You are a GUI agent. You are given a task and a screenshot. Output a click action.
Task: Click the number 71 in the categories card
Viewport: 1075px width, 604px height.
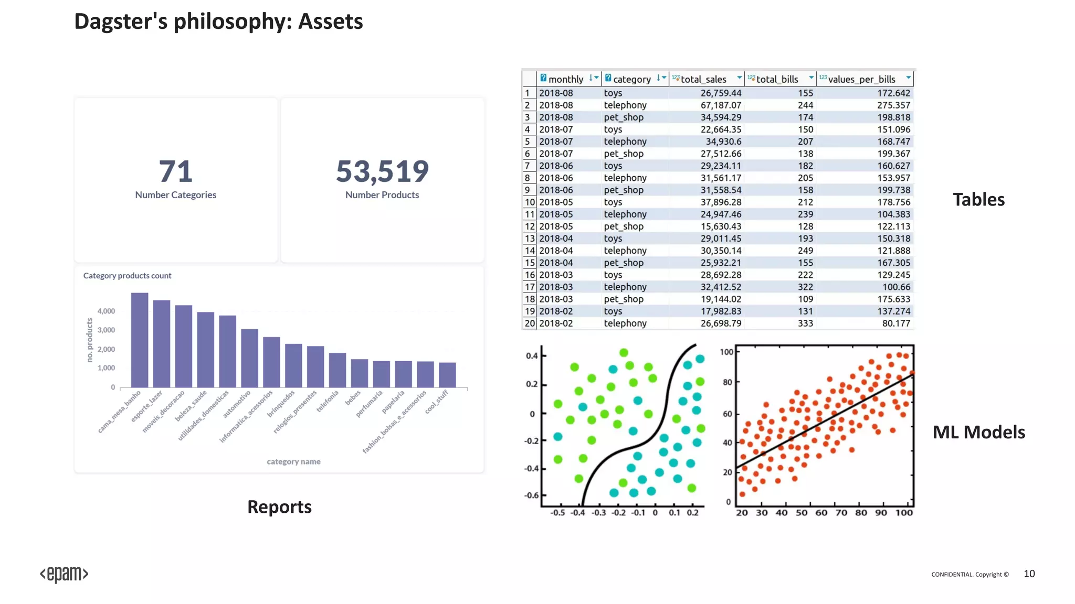pos(175,171)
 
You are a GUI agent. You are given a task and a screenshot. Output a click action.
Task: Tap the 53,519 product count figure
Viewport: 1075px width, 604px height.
pos(382,171)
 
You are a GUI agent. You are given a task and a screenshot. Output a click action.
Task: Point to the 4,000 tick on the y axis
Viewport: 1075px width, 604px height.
pos(106,311)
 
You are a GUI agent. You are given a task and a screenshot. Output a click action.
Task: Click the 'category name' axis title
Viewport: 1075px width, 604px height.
pos(293,461)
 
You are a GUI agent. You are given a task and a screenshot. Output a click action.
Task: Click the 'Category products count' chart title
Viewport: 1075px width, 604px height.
pos(127,275)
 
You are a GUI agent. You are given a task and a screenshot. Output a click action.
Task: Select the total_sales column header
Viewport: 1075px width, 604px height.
pos(703,79)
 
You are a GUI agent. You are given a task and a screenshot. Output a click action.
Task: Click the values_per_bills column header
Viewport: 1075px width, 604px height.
pos(861,79)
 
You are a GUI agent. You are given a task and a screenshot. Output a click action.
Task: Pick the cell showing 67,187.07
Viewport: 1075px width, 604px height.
pos(721,105)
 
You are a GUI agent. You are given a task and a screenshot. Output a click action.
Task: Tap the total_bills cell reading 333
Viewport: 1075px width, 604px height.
pos(805,323)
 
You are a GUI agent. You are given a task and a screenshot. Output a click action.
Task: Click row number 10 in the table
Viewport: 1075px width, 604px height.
pos(529,202)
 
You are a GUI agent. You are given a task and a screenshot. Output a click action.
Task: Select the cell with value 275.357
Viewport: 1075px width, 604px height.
pos(893,105)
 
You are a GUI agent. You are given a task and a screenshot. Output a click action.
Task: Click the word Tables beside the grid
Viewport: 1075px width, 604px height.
pos(978,199)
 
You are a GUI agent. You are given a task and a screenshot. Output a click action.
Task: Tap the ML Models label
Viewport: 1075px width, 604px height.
pos(978,432)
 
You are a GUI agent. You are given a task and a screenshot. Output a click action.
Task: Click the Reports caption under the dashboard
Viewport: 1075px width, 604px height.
pos(279,506)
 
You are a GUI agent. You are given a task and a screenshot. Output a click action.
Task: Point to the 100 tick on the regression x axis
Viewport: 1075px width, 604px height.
pos(904,513)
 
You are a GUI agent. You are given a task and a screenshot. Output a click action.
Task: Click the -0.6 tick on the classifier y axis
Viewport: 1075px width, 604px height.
pos(532,495)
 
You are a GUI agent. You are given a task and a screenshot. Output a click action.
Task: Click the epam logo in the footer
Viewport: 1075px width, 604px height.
pos(64,574)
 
